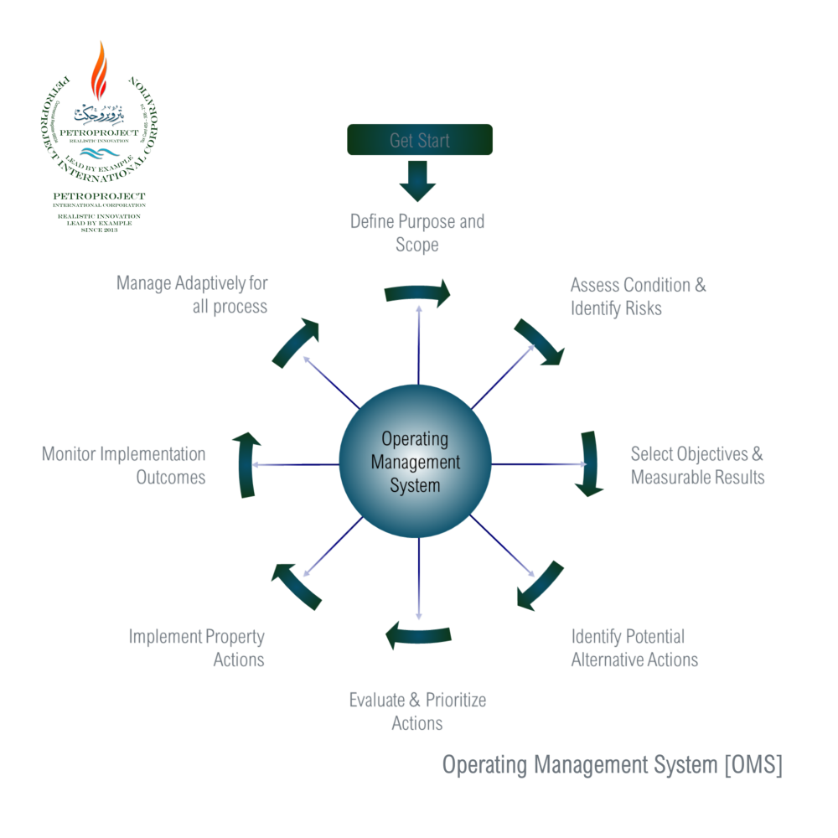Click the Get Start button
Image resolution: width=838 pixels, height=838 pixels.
420,140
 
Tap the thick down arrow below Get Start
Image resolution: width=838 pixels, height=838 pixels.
417,180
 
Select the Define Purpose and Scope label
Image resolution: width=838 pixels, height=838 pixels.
417,234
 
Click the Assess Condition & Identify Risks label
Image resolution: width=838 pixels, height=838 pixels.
638,297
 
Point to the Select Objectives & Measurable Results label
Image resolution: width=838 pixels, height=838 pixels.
697,466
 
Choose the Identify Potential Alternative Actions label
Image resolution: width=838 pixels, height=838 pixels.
634,648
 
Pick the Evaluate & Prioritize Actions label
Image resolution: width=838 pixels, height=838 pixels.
417,711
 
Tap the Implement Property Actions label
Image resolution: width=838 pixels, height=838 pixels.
197,648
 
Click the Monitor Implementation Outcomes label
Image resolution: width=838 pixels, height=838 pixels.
124,466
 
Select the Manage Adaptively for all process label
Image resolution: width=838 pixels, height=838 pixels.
193,294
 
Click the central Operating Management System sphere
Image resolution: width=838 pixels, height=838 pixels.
416,462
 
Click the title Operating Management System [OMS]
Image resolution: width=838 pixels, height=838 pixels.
612,765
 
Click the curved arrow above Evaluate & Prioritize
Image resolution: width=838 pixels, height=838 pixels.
417,635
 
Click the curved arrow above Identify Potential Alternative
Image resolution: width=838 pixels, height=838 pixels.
539,587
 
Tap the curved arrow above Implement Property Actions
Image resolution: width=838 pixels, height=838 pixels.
296,586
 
